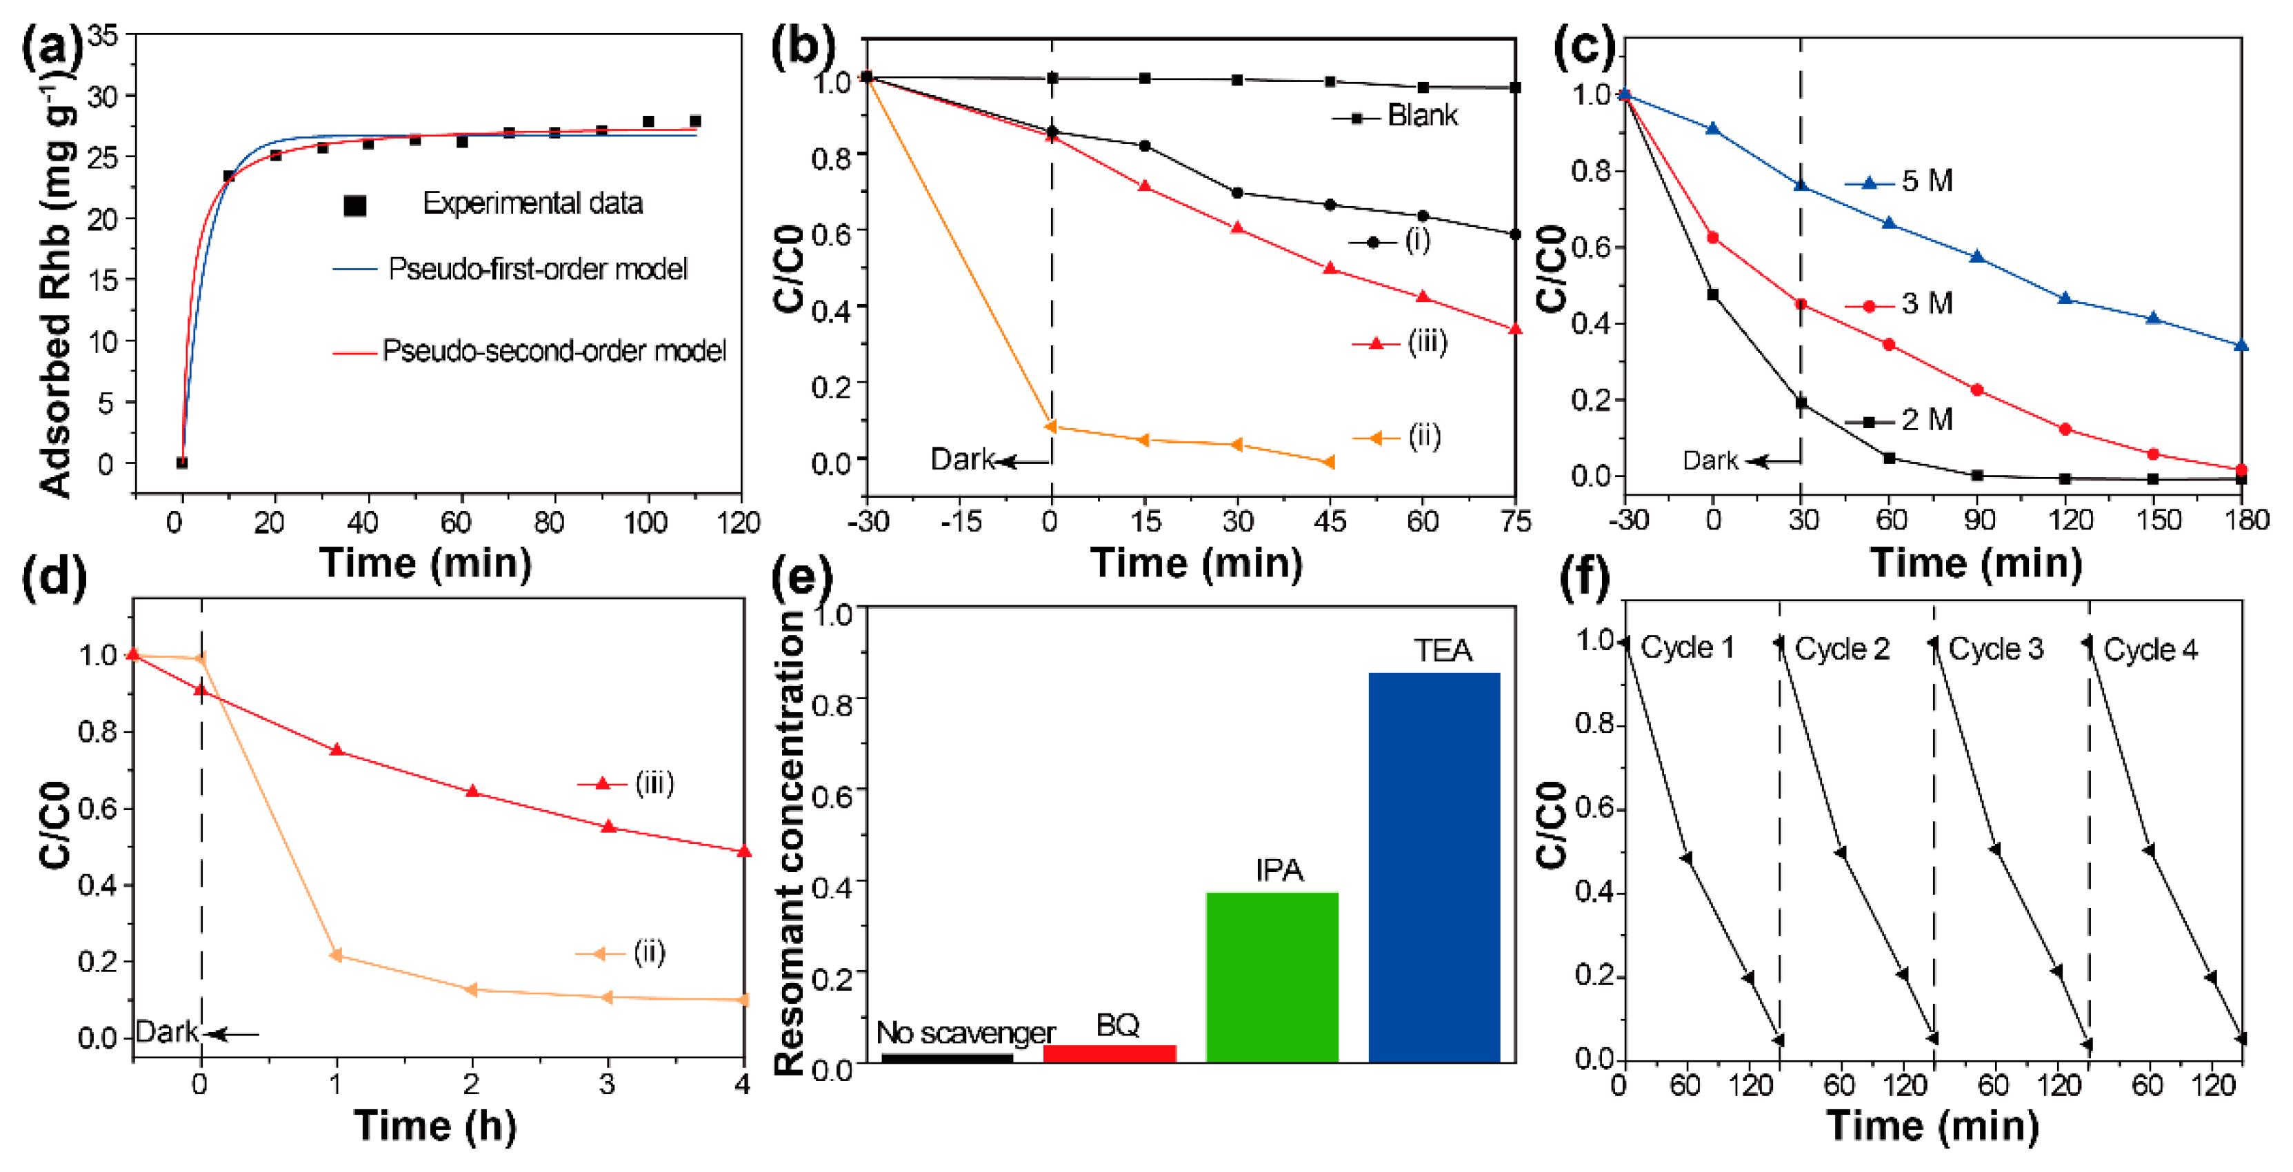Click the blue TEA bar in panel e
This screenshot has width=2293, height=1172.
tap(1433, 868)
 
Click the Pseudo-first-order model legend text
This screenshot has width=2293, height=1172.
tap(538, 269)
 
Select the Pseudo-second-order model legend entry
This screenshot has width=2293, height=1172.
tap(554, 351)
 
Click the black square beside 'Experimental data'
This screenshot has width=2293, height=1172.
tap(355, 205)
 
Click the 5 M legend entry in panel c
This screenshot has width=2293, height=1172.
tap(1926, 181)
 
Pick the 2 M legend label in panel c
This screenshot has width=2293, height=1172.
tap(1926, 419)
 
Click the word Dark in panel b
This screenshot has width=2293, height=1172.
tap(961, 459)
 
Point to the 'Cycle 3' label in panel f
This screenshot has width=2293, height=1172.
tap(1996, 649)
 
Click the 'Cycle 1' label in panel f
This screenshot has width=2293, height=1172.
tap(1687, 648)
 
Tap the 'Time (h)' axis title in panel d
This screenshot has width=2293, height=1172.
tap(434, 1126)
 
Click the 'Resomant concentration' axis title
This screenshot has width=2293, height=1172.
tap(790, 841)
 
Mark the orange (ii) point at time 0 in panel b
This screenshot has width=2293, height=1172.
tap(1051, 426)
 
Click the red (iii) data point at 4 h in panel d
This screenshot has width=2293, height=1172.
tap(743, 851)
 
